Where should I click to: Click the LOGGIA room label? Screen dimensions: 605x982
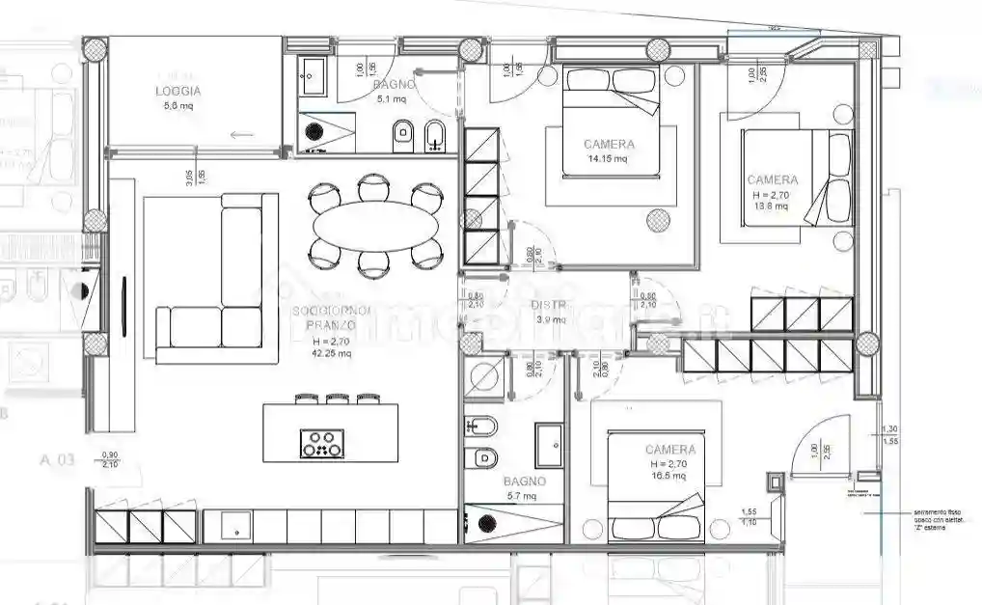click(177, 92)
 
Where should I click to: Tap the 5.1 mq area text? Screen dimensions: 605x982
click(395, 98)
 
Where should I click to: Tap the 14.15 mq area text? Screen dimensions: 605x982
click(608, 158)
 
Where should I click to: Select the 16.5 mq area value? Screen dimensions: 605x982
click(668, 476)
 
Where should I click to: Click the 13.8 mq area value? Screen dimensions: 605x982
click(771, 206)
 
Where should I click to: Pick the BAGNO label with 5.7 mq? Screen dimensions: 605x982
click(524, 481)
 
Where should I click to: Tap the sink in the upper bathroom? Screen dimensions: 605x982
click(313, 75)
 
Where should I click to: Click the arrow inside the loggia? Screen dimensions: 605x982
click(241, 134)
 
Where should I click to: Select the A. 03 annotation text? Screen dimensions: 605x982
click(57, 460)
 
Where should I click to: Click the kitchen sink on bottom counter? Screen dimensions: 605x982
click(236, 527)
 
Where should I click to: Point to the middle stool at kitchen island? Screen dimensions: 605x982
click(338, 397)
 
